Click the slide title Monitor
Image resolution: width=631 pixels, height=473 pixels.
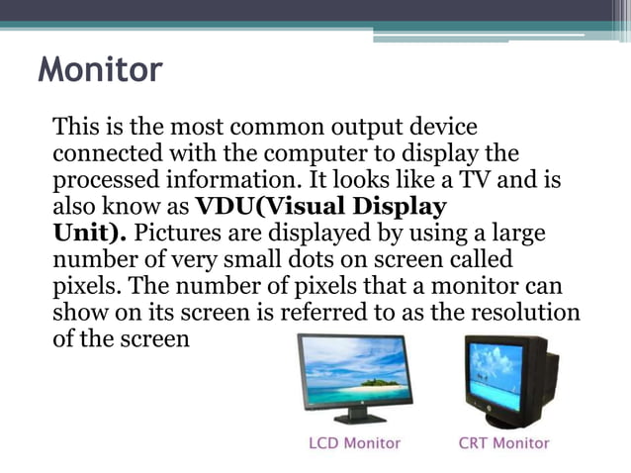click(100, 71)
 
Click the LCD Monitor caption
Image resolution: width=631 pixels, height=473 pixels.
click(354, 443)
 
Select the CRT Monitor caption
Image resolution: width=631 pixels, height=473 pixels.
click(503, 443)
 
